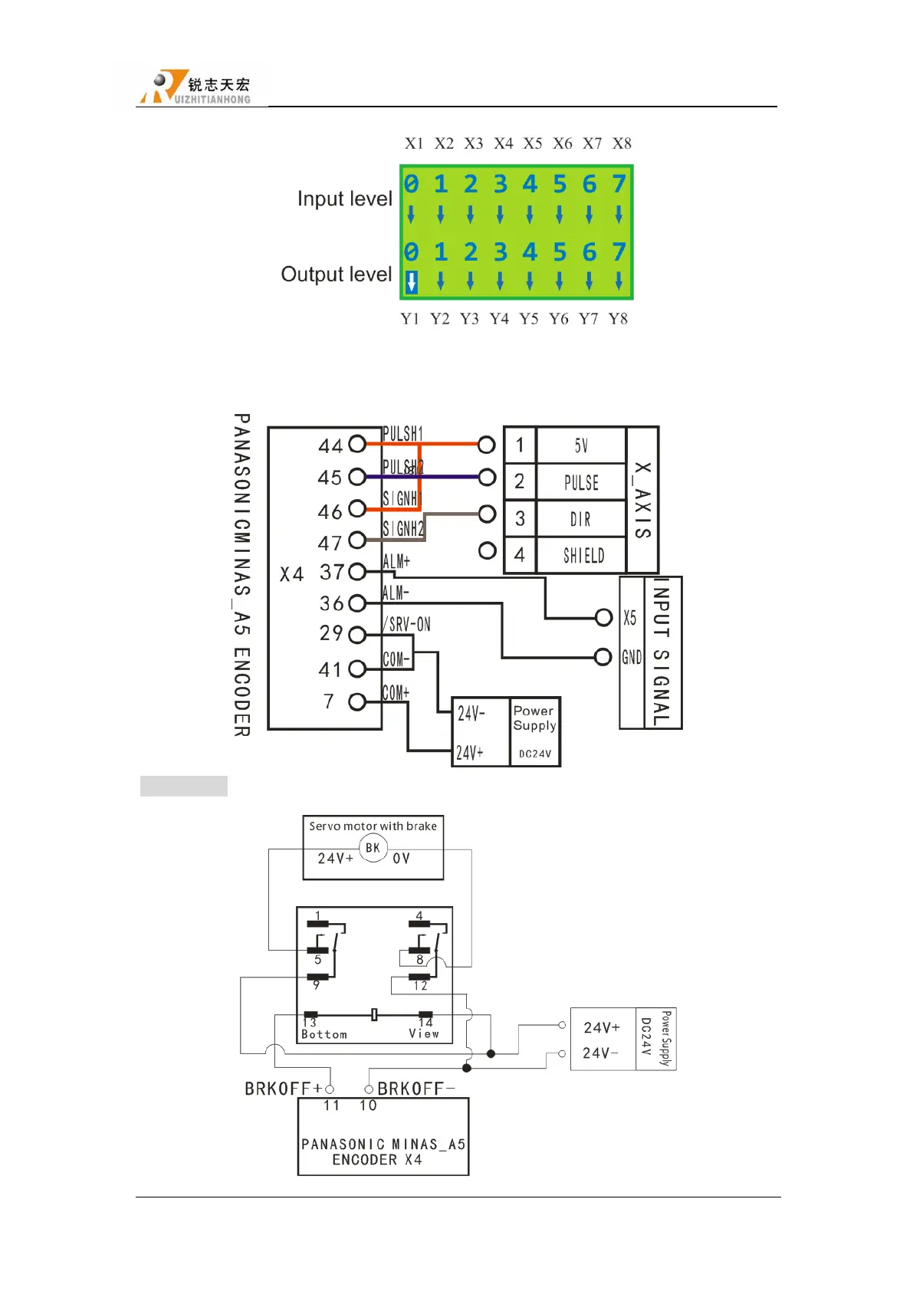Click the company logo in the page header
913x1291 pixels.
click(195, 87)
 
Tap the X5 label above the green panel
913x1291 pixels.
click(533, 143)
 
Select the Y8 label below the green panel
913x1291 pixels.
click(618, 319)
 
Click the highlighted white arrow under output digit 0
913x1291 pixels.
click(412, 282)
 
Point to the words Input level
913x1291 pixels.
click(344, 199)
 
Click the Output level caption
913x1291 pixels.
click(336, 274)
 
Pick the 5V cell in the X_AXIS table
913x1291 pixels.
click(581, 445)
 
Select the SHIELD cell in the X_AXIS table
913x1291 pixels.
click(583, 556)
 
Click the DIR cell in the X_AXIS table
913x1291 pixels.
click(580, 519)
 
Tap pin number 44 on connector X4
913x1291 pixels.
click(330, 445)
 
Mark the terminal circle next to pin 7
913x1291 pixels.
click(357, 701)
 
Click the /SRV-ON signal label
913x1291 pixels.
click(407, 624)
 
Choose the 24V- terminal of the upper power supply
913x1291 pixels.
click(471, 714)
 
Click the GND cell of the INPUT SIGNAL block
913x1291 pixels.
click(632, 657)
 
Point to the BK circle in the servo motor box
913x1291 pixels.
click(373, 848)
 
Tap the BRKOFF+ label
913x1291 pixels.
click(283, 1089)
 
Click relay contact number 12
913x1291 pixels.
click(420, 986)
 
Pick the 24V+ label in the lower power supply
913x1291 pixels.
click(601, 1027)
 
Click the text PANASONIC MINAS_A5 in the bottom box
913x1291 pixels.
click(383, 1144)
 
